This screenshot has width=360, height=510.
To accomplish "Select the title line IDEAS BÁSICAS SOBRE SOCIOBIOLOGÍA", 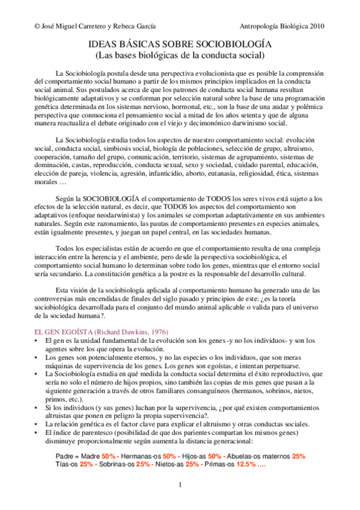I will click(x=180, y=46).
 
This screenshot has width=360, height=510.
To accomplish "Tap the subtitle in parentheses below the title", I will click(x=180, y=56).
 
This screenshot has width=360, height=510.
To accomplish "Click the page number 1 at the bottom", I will click(x=180, y=485).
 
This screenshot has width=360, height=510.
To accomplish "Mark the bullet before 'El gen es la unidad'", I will click(x=37, y=340).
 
